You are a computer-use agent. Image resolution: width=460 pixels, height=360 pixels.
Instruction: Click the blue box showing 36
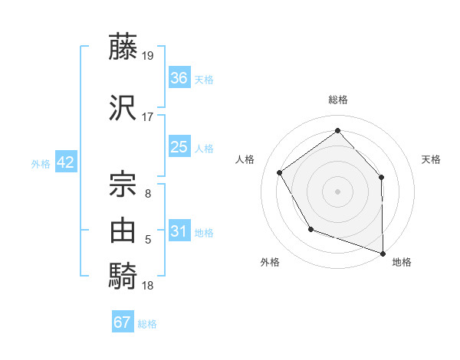point(179,78)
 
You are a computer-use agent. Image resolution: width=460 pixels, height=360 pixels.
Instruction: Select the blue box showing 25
point(179,147)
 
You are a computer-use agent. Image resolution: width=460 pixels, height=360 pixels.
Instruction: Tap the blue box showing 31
point(179,231)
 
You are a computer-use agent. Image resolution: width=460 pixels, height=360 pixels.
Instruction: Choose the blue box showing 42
point(64,162)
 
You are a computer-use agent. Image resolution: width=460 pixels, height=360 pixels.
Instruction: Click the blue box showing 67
point(123,322)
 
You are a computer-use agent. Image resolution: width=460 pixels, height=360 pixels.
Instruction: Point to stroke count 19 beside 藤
point(149,56)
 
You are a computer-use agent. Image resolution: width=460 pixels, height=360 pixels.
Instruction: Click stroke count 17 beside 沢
point(148,117)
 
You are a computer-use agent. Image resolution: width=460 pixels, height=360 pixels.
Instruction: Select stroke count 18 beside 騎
point(148,286)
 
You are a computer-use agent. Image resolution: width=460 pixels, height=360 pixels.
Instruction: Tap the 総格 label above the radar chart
point(338,100)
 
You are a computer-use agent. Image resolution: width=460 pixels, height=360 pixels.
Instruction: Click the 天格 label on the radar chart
point(431,159)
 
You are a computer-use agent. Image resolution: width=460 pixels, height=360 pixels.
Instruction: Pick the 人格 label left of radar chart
point(245,159)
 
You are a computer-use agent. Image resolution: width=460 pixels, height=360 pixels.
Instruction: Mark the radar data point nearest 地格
point(383,252)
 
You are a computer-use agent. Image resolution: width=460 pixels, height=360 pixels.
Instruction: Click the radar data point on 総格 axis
point(338,131)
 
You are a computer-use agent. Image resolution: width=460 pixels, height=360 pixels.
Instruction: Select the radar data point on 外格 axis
point(310,229)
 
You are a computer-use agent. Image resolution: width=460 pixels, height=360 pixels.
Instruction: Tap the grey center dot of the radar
point(338,191)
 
